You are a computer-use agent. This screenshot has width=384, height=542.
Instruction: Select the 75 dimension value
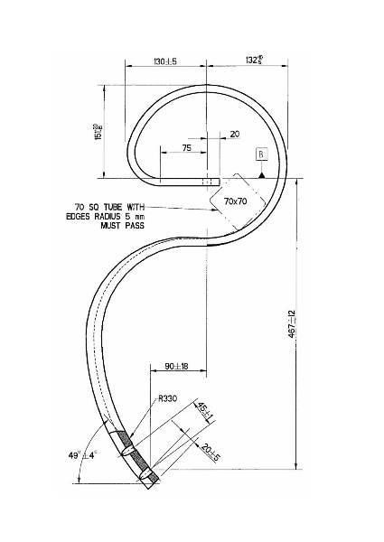point(186,146)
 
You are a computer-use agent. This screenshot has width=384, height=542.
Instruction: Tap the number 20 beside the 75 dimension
point(235,134)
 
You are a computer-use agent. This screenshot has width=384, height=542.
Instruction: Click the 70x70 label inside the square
point(237,201)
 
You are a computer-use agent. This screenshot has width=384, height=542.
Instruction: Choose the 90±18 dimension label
point(176,366)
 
